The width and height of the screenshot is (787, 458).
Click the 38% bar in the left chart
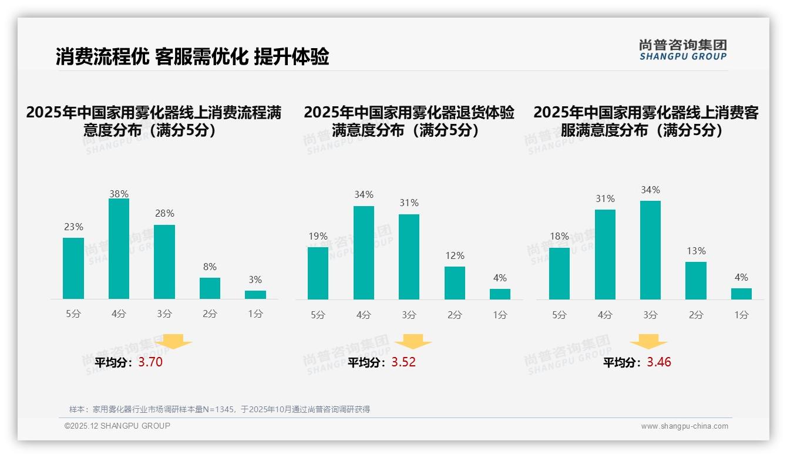119,249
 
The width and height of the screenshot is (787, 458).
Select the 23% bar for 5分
73,268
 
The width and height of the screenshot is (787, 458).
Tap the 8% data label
210,267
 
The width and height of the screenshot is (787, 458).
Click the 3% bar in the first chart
255,295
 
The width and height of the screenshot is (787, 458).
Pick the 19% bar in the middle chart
318,273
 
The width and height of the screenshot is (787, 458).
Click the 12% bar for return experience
455,283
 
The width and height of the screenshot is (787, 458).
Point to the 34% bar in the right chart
650,250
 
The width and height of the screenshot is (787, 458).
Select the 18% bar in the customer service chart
559,274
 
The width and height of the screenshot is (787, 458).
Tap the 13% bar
696,281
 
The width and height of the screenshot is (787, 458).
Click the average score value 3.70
150,362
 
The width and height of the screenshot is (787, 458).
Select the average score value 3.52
403,362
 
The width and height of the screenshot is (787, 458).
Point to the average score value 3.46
659,362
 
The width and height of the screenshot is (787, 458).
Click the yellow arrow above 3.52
413,341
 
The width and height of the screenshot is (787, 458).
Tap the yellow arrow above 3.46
648,341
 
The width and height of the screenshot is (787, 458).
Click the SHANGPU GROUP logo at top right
682,50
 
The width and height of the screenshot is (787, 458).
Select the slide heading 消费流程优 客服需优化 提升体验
192,56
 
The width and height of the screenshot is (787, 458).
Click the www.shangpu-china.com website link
684,426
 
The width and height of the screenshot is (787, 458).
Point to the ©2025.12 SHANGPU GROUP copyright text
117,426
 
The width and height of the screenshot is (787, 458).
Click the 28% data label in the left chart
164,214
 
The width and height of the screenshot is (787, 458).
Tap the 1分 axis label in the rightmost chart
741,315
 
